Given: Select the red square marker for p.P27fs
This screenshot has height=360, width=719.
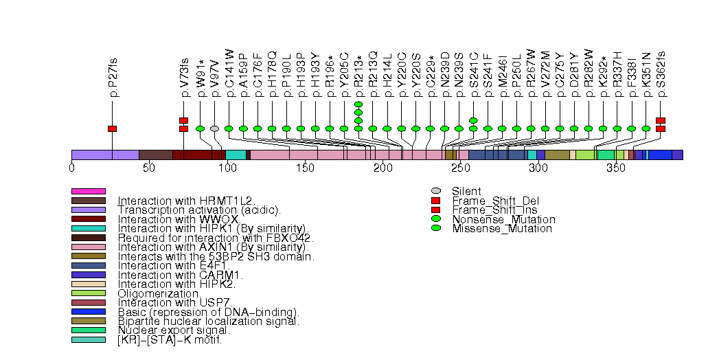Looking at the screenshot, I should pyautogui.click(x=113, y=128).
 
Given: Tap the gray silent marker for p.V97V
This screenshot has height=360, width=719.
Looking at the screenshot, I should pyautogui.click(x=215, y=128).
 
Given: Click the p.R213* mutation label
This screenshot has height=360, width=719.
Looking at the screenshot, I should pyautogui.click(x=358, y=72).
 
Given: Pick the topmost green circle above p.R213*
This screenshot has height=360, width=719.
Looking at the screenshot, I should pyautogui.click(x=358, y=104).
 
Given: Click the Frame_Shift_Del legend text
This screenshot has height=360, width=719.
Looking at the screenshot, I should pyautogui.click(x=490, y=201).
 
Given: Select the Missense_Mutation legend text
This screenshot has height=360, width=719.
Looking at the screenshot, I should pyautogui.click(x=501, y=229).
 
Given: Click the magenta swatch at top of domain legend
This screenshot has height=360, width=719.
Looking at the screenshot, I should pyautogui.click(x=89, y=191).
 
